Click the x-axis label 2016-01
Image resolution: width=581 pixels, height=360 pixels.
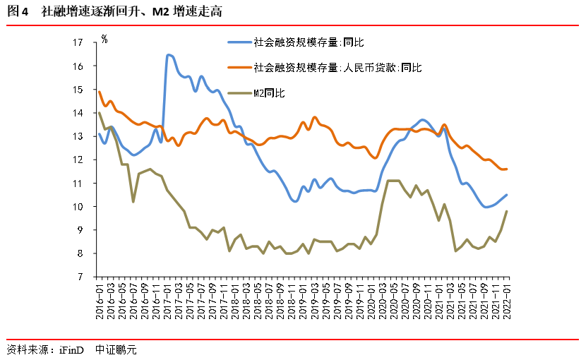pyautogui.click(x=100, y=297)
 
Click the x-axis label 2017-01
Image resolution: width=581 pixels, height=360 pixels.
pyautogui.click(x=167, y=297)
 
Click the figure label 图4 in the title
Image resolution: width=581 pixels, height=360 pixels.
pyautogui.click(x=17, y=12)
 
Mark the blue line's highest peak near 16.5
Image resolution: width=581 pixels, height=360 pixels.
pyautogui.click(x=168, y=54)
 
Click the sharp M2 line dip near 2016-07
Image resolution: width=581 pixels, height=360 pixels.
pyautogui.click(x=133, y=202)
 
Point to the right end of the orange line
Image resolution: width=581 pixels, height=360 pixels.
pyautogui.click(x=507, y=169)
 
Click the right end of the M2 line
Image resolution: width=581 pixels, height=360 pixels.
pyautogui.click(x=507, y=211)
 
